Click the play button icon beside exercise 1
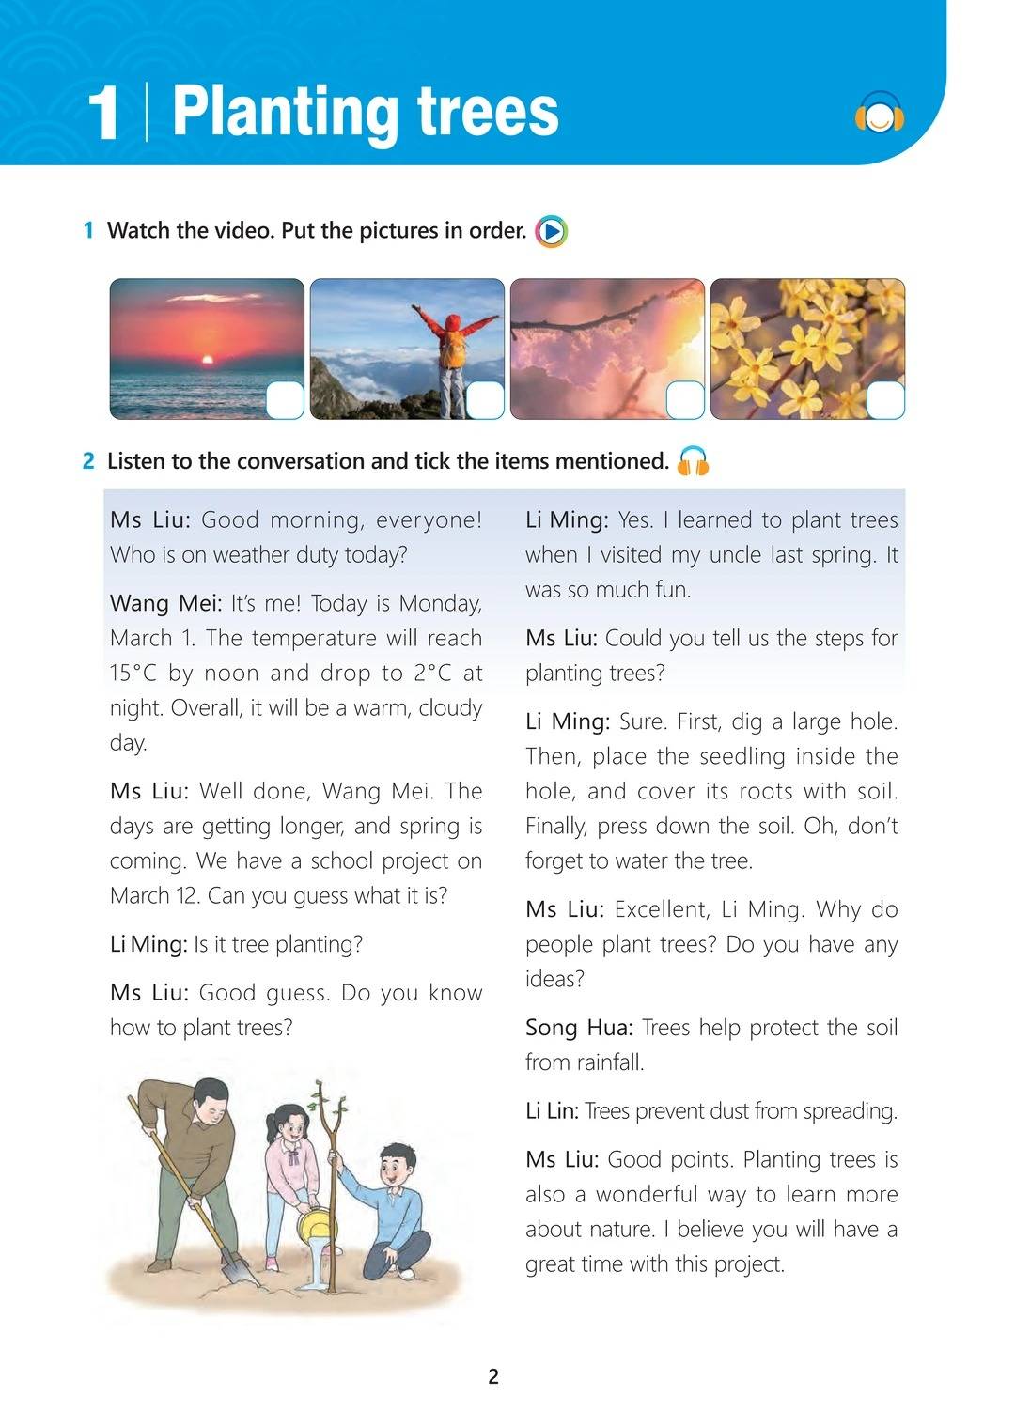point(551,231)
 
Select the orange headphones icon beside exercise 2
point(694,460)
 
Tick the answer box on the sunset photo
point(285,400)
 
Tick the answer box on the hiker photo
point(485,400)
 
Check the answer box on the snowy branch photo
point(685,400)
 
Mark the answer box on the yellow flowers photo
point(884,400)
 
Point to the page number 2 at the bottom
point(494,1377)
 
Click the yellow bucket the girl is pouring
point(315,1225)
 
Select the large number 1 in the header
point(103,116)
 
